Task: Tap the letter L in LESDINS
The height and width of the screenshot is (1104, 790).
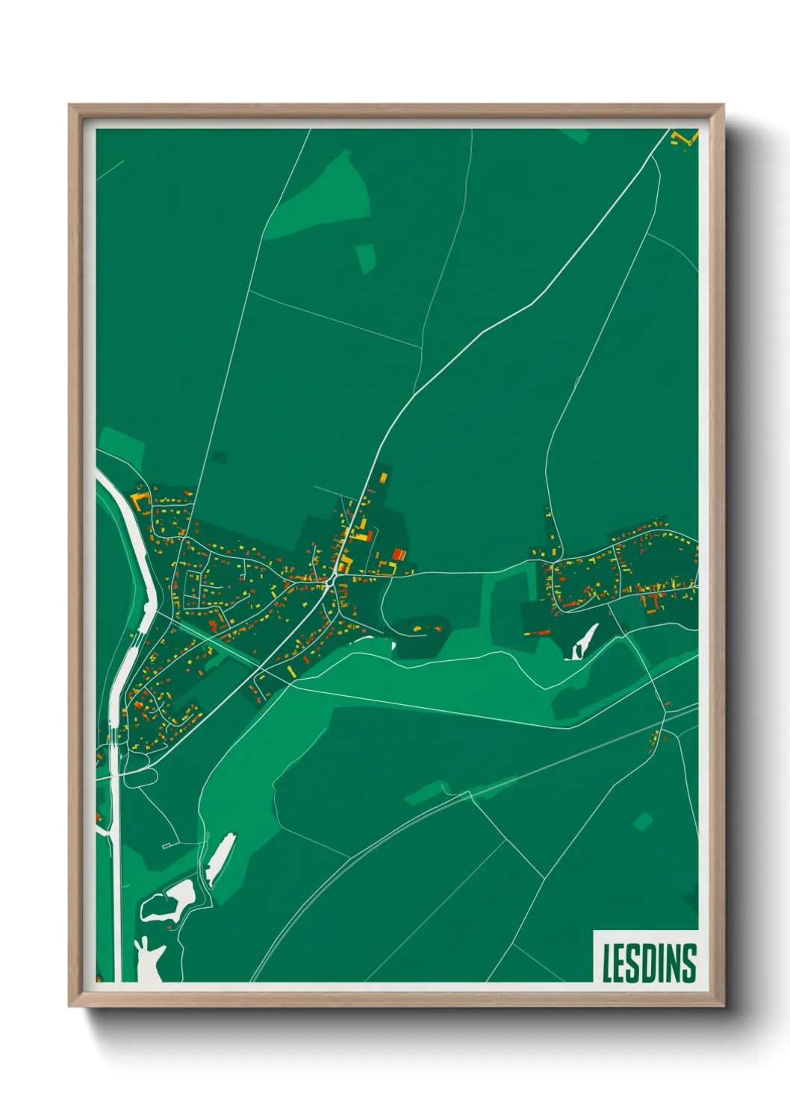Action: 608,963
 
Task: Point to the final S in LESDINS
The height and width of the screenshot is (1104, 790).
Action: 688,963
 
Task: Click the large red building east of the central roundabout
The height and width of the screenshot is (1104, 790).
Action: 399,554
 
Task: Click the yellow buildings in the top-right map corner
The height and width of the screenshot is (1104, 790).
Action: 682,139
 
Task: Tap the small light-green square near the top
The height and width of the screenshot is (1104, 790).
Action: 365,258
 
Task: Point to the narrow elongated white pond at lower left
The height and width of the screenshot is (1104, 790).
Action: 221,859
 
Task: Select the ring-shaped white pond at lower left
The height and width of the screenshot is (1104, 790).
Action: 169,902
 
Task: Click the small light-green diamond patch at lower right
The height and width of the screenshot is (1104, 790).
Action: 642,822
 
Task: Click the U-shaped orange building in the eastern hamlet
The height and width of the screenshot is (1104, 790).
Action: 653,602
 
